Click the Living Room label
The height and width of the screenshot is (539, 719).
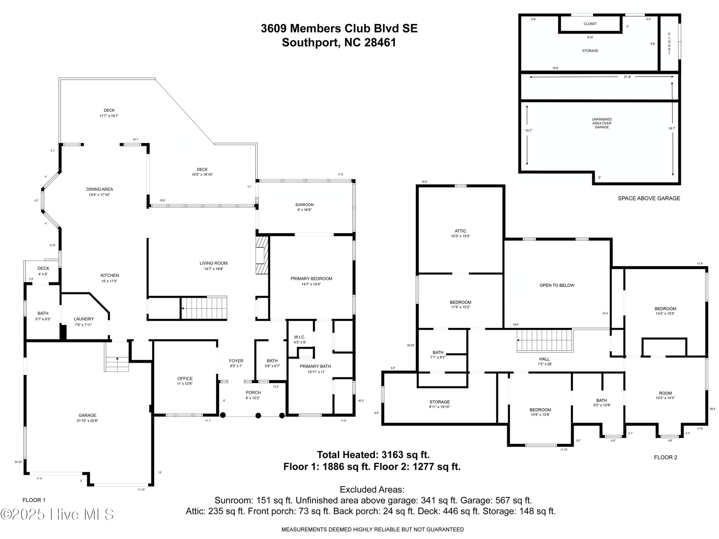[x=214, y=263]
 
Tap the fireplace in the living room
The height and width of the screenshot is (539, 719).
[x=262, y=255]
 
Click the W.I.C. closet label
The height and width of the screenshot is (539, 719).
[x=299, y=337]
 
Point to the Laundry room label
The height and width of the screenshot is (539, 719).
[x=84, y=319]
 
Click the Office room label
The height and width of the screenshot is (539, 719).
[x=185, y=378]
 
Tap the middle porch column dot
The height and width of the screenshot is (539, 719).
[x=258, y=416]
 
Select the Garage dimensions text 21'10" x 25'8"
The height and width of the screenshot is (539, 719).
[x=87, y=421]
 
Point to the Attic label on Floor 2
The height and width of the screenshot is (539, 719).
[x=461, y=231]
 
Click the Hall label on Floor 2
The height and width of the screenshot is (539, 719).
[x=545, y=359]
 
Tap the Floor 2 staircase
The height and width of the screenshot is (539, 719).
[x=545, y=340]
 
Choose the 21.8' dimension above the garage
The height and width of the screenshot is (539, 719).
[x=627, y=77]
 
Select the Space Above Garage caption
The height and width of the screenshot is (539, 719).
[x=649, y=198]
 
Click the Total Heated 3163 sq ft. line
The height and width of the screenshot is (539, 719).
[x=373, y=454]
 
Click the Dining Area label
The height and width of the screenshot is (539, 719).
[x=99, y=189]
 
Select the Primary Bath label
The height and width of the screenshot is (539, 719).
[x=315, y=366]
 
